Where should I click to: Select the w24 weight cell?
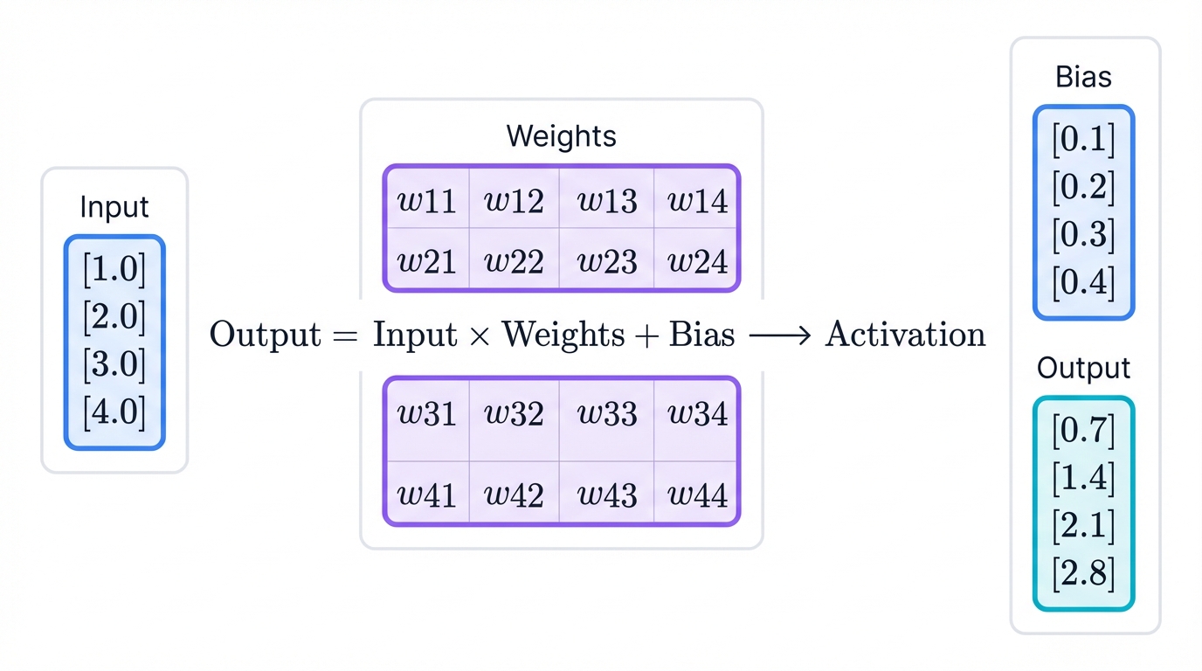(x=697, y=261)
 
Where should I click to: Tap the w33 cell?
(x=607, y=413)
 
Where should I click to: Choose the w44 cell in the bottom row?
(x=697, y=495)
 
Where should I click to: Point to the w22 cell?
(x=515, y=261)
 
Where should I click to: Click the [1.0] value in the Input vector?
(x=114, y=270)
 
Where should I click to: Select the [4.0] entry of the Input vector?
(x=114, y=412)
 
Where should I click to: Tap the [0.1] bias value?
(x=1083, y=140)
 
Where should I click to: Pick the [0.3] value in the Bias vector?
(x=1083, y=235)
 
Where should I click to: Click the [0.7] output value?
(x=1083, y=431)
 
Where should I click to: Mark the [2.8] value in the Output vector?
(x=1083, y=573)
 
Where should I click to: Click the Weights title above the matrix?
(x=561, y=136)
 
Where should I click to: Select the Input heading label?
(x=114, y=207)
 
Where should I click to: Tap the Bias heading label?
(x=1083, y=77)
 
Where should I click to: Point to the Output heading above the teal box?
(x=1083, y=368)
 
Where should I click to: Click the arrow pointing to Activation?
(x=779, y=335)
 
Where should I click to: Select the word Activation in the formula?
(x=905, y=335)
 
